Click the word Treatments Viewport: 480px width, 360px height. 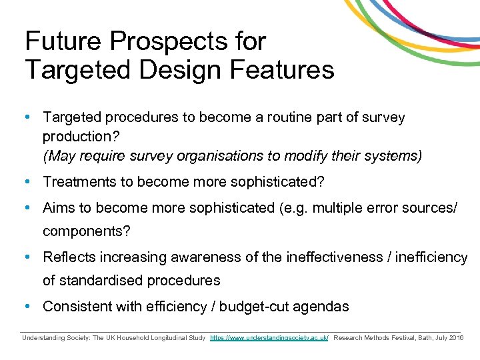[80, 182]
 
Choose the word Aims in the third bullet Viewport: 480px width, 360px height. [59, 207]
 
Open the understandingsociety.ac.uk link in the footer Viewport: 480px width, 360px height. [269, 339]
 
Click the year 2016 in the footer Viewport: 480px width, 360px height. [456, 339]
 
